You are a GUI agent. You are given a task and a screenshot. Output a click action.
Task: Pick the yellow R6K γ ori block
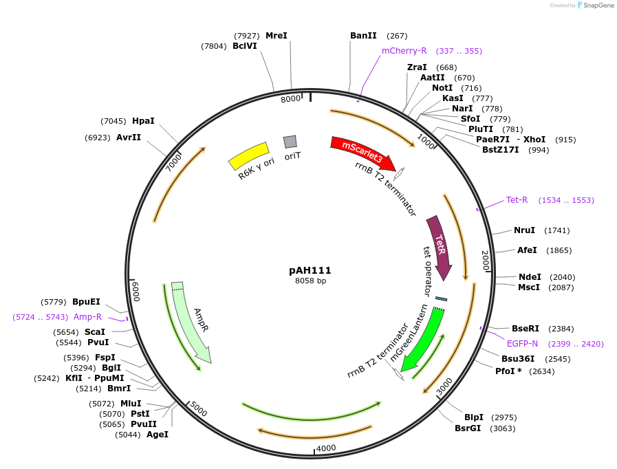[x=248, y=156]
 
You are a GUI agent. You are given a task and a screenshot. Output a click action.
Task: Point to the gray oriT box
[x=290, y=142]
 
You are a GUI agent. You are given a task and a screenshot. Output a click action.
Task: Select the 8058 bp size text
[x=310, y=281]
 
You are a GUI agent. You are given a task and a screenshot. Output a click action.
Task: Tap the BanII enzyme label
[x=363, y=36]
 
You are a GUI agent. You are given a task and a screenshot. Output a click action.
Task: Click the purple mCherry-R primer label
[x=404, y=51]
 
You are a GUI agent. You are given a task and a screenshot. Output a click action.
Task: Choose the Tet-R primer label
[x=517, y=200]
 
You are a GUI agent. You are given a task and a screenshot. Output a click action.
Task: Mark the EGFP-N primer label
[x=523, y=343]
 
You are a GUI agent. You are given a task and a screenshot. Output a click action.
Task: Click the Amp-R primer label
[x=88, y=317]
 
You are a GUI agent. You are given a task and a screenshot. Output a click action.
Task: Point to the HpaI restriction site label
[x=143, y=121]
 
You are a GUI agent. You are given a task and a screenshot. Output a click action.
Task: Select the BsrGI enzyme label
[x=468, y=428]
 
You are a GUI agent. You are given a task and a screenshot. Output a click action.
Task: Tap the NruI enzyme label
[x=524, y=230]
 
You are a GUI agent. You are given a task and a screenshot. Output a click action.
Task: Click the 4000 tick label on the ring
[x=326, y=448]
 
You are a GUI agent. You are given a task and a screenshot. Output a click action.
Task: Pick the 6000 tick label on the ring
[x=136, y=291]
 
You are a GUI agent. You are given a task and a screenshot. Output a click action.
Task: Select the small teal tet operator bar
[x=441, y=298]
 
